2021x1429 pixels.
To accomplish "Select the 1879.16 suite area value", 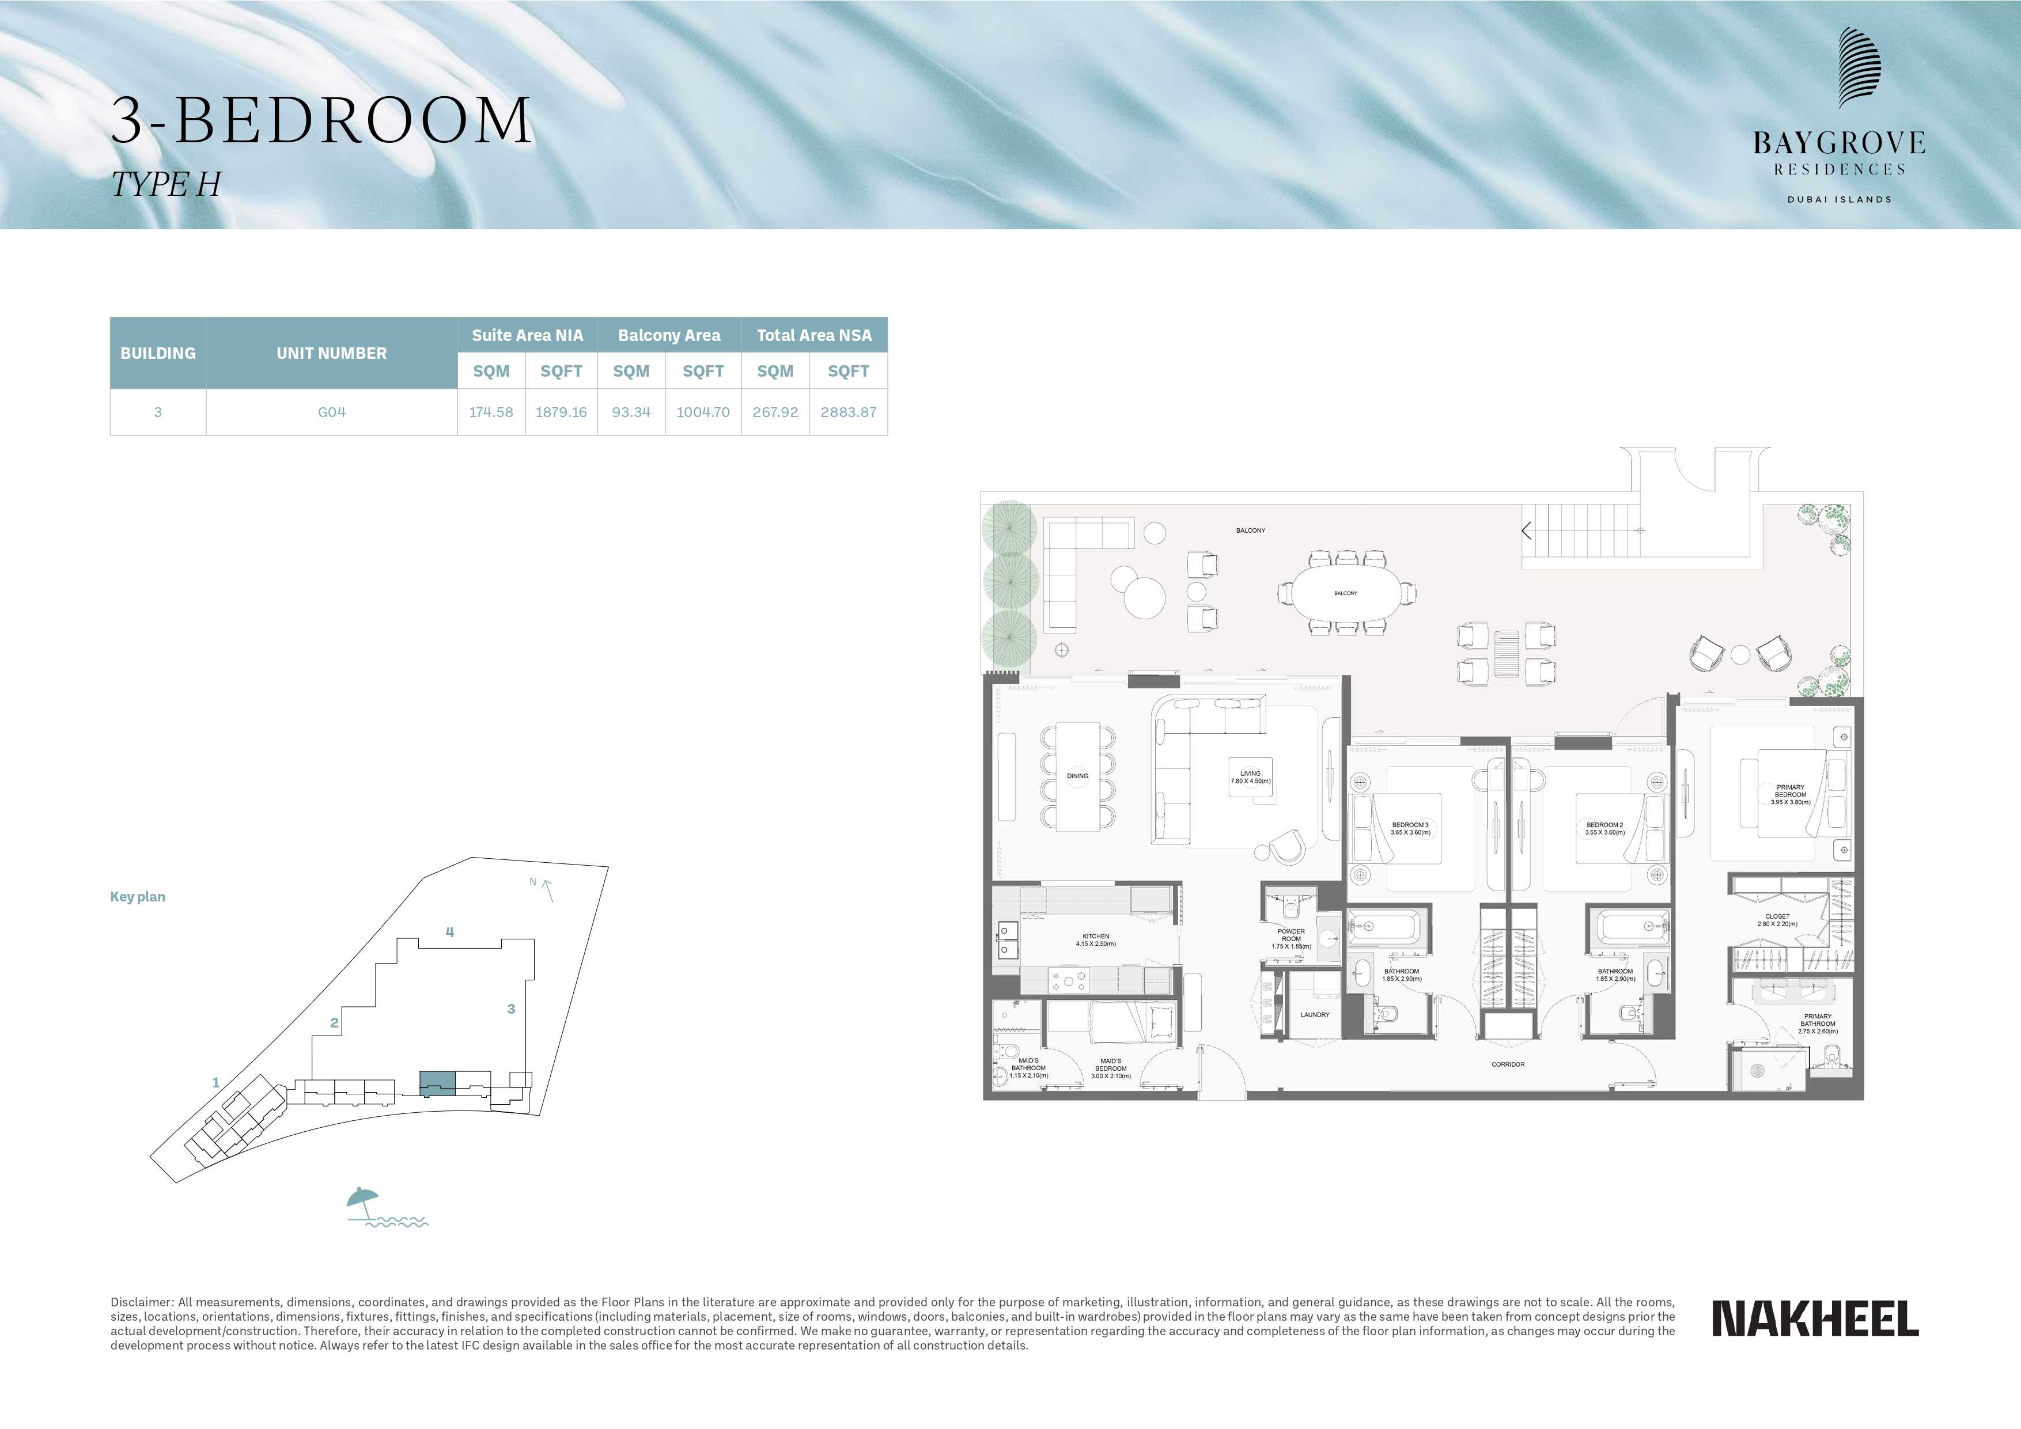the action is tap(561, 412).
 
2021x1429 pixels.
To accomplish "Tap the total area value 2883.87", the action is tap(847, 412).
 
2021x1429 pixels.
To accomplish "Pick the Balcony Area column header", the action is tap(669, 335).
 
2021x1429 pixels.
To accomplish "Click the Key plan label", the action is tap(137, 897).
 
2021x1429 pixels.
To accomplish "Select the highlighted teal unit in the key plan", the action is tap(437, 1084).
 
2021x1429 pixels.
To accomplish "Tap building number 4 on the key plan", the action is tap(450, 932).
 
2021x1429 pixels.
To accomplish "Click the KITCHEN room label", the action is tap(1096, 936).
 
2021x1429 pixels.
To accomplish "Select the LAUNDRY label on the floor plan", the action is tap(1315, 1014).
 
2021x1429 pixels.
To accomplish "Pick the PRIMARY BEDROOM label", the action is tap(1791, 791).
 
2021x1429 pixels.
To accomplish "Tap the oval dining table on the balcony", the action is tap(1345, 593).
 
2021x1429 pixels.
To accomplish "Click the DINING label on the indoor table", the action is tap(1077, 776).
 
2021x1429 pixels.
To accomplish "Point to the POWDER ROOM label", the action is tap(1291, 934).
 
